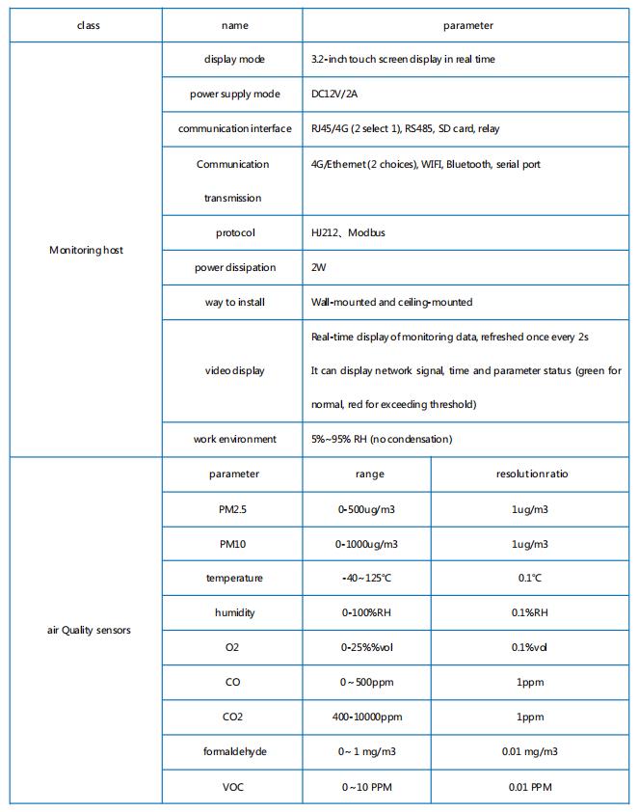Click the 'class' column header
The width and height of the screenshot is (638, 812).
coord(88,26)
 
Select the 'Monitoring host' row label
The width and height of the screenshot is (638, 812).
coord(86,251)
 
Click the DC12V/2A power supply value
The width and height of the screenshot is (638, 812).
coord(335,95)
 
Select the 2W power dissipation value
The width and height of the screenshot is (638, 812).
coord(319,268)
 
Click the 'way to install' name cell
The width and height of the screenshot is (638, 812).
coord(234,303)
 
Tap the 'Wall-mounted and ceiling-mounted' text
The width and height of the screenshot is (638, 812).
coord(391,303)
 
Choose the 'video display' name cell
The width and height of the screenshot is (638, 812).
coord(234,371)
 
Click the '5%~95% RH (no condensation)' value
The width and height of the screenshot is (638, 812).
coord(381,440)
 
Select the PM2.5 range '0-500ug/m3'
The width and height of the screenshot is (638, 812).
coord(366,509)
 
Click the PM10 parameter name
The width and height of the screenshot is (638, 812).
coord(232,544)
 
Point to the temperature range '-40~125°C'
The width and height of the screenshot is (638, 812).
coord(366,579)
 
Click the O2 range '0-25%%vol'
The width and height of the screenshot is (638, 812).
coord(366,648)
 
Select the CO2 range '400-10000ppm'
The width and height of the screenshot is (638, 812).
coord(366,717)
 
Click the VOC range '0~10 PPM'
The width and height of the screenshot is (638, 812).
coord(366,787)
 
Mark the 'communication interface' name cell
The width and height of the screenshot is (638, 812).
coord(234,129)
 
